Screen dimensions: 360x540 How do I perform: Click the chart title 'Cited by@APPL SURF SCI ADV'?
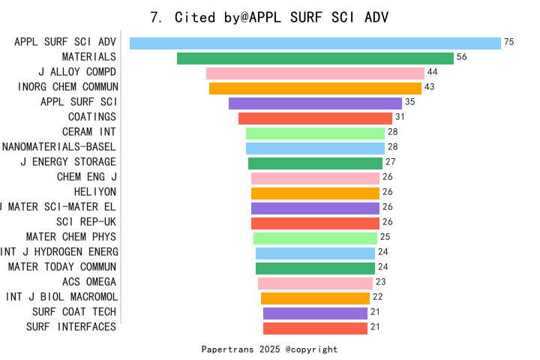point(270,17)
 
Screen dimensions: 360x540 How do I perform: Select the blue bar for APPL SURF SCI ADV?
point(315,43)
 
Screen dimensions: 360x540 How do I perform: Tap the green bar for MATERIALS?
point(315,58)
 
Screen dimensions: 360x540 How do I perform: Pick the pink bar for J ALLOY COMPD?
point(315,73)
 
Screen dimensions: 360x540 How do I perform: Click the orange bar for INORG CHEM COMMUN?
point(315,88)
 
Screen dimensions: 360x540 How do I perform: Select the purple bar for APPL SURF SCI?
point(315,103)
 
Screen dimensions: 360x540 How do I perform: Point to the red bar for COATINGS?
point(315,118)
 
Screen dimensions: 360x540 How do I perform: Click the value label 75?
point(509,42)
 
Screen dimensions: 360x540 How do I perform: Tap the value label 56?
point(462,57)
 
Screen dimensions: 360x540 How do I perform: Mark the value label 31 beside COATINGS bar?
point(400,117)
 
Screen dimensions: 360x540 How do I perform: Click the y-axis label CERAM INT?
point(89,132)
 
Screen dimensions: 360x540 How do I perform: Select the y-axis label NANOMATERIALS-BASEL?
point(59,147)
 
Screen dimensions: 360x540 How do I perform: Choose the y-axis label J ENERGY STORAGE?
point(68,162)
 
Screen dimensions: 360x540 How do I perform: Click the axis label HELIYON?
point(95,192)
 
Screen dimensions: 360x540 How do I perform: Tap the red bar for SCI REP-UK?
point(315,223)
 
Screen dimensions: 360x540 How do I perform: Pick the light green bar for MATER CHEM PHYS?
point(315,238)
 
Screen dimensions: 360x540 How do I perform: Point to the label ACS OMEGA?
point(89,282)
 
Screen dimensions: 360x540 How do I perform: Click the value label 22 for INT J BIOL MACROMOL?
point(378,297)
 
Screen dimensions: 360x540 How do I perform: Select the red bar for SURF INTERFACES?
point(315,328)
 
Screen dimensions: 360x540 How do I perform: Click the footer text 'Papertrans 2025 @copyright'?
point(269,349)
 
